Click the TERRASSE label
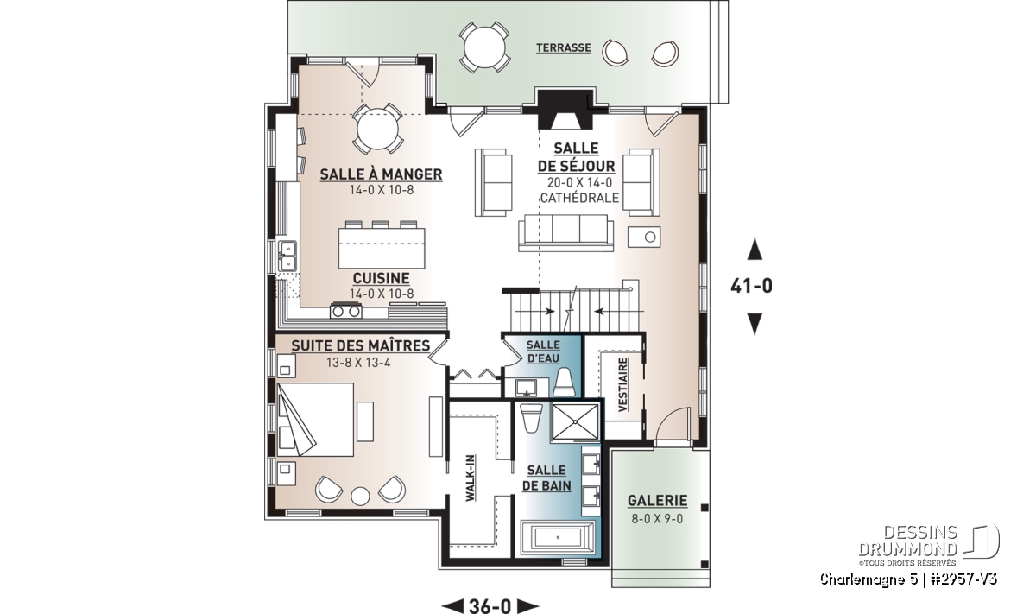click(563, 47)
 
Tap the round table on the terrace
click(484, 47)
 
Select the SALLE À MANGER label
click(381, 174)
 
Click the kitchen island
click(382, 248)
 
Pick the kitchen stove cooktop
click(345, 311)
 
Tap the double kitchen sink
click(287, 256)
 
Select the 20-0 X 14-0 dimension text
click(579, 182)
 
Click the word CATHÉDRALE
click(579, 198)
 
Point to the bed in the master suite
click(315, 420)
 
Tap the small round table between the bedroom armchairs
click(360, 497)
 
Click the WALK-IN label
click(470, 478)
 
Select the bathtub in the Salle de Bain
click(558, 538)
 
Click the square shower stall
click(575, 422)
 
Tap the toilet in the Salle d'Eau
click(564, 383)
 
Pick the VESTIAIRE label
click(623, 384)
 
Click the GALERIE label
click(657, 501)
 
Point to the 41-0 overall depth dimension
click(752, 286)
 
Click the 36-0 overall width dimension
click(490, 605)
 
